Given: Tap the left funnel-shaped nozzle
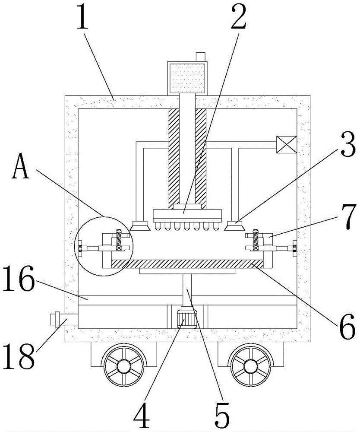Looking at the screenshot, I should [139, 225].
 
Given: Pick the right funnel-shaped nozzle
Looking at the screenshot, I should [234, 225].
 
